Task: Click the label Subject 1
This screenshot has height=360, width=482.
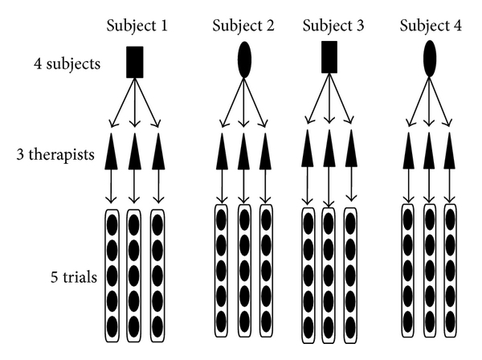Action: [137, 25]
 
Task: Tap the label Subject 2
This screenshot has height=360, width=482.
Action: [243, 25]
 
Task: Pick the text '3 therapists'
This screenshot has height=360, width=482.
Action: [60, 153]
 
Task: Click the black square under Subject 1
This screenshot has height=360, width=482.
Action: [135, 62]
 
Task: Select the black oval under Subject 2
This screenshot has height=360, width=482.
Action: [244, 59]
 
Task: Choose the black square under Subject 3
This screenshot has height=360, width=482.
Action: [329, 58]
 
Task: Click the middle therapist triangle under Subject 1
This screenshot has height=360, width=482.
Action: [134, 151]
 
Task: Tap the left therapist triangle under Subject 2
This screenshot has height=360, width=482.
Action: [222, 151]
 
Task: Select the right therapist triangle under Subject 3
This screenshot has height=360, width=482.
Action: [350, 151]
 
